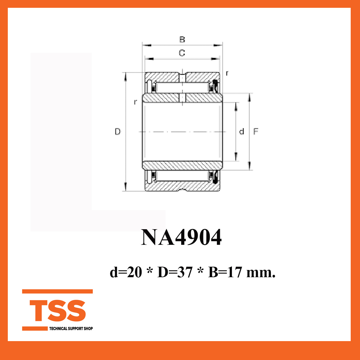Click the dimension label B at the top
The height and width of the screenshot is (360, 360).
click(x=182, y=40)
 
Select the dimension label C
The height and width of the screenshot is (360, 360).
click(x=182, y=53)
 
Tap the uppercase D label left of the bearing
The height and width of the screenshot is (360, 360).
click(x=118, y=131)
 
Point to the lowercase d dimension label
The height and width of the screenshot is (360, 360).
click(x=241, y=131)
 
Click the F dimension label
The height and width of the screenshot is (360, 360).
click(x=256, y=131)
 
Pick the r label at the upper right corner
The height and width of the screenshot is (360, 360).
click(x=227, y=73)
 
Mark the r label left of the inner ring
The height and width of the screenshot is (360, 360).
click(x=136, y=102)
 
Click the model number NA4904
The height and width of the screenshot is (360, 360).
click(x=181, y=237)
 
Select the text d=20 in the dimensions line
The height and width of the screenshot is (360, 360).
click(x=126, y=272)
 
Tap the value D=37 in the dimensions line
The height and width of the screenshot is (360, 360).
click(x=175, y=272)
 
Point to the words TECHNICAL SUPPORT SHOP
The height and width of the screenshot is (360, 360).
click(x=71, y=328)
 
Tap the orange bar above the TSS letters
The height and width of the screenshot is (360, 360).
click(x=57, y=291)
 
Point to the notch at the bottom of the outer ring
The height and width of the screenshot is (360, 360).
click(x=182, y=190)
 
